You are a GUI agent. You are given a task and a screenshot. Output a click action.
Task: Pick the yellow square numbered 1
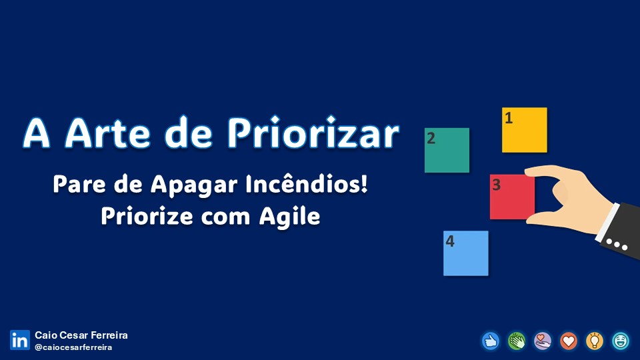[525, 130]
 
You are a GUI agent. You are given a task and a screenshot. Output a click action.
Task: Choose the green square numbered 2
[447, 150]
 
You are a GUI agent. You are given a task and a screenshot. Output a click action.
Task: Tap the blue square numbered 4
[466, 253]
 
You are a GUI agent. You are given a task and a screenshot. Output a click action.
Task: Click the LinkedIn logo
[20, 340]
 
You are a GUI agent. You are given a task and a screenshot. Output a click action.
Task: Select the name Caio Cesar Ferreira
[81, 335]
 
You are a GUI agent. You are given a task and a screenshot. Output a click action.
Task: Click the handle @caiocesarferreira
[73, 347]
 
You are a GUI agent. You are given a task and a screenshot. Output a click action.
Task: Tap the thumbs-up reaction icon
[491, 341]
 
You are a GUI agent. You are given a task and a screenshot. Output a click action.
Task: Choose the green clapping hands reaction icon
[517, 341]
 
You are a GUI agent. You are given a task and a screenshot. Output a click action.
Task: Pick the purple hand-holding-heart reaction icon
[543, 341]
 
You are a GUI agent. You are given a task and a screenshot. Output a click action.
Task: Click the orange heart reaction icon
[569, 341]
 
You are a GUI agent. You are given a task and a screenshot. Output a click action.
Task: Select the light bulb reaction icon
[595, 341]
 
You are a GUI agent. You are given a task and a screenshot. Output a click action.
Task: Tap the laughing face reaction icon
[621, 341]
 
